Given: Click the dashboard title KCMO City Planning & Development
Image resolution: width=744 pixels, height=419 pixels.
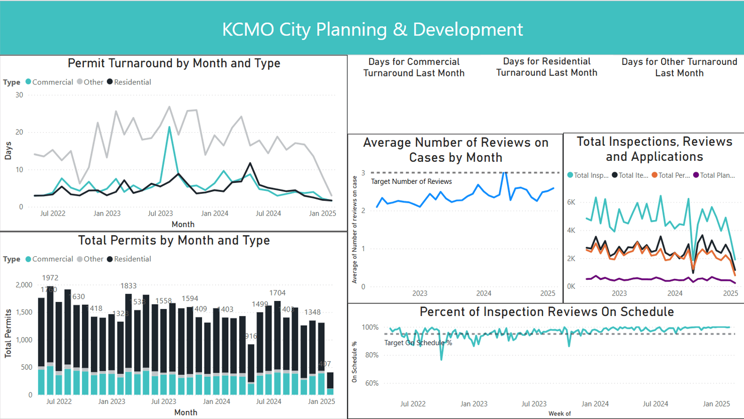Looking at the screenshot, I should pos(372,29).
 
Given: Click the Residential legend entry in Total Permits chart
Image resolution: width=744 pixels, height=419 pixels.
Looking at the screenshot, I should pos(132,259).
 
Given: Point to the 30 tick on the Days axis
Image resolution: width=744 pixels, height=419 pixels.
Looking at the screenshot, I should pos(19,95).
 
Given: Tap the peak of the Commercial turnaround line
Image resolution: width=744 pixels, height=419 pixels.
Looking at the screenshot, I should pos(169,127).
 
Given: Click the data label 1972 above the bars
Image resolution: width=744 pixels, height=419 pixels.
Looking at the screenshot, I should pos(50,278).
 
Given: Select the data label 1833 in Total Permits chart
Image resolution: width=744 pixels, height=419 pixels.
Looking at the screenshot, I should pos(128,286).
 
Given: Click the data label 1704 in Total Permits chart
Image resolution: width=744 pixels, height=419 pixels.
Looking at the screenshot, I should pos(277,293).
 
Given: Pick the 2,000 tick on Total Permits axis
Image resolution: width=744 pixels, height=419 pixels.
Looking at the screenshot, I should pos(24,285).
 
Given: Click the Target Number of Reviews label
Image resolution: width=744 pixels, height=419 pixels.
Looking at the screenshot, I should pos(411,181).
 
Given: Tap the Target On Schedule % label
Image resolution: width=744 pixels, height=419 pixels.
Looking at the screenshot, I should pos(418,343).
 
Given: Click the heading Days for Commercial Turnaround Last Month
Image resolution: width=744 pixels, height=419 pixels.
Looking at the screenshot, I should pos(414,67).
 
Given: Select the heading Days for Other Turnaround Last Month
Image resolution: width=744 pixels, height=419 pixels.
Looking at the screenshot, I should pos(679,67).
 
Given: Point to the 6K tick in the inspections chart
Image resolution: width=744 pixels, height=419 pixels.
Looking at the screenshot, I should pos(571,202).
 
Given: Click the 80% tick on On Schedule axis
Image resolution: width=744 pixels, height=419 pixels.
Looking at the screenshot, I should pos(370,355).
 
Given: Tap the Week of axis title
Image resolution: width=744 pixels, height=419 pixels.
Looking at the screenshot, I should pos(560,413).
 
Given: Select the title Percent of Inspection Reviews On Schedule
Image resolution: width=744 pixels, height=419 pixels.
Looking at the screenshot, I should pos(546,312).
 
